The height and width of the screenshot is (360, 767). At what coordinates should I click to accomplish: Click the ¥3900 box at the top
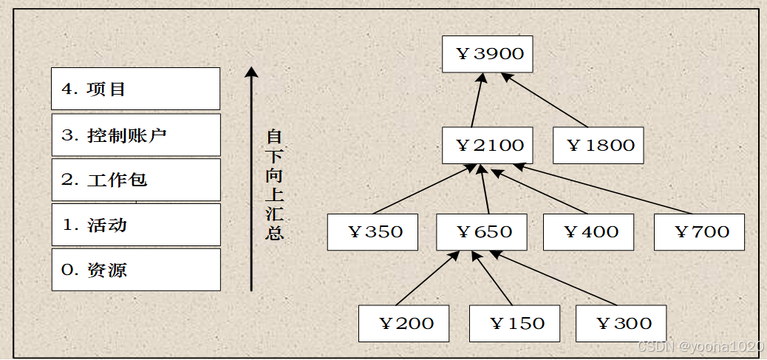488,54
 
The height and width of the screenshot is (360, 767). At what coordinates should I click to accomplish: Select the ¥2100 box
488,145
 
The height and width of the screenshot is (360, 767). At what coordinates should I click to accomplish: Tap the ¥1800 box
599,145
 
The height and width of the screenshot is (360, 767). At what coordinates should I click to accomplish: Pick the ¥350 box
373,232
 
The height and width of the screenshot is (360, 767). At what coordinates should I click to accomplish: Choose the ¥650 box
482,232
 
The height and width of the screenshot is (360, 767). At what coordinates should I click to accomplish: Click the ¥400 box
589,232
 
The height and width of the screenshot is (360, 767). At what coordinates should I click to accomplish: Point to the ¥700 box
699,232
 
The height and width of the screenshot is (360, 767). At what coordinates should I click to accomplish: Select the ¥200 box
403,323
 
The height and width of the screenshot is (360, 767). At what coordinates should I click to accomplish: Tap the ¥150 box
514,323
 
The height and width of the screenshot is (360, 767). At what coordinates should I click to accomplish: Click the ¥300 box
621,323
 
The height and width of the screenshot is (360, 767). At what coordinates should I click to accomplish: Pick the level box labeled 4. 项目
136,89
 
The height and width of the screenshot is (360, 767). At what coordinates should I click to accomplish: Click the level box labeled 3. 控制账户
136,135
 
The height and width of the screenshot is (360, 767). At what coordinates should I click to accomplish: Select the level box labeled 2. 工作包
136,180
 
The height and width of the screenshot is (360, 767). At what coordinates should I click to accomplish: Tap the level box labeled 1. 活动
136,225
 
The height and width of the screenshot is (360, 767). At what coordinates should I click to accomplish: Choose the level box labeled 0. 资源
136,270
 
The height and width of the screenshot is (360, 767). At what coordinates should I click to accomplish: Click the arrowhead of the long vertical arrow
251,72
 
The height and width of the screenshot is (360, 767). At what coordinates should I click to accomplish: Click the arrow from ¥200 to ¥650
425,279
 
